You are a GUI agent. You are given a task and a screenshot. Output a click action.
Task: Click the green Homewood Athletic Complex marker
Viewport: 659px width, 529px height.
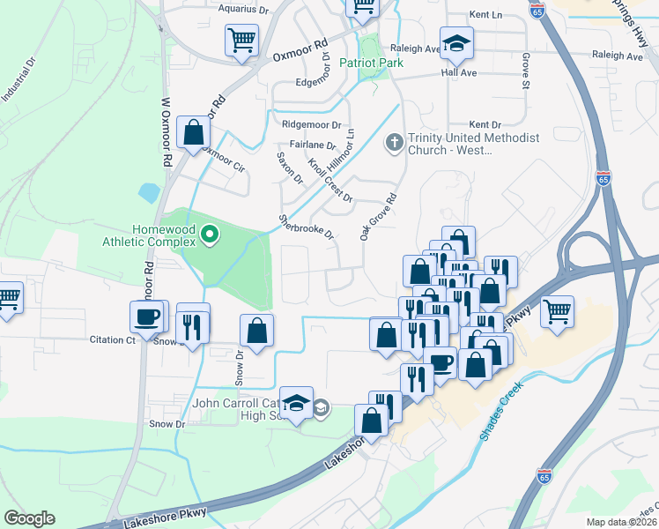(210, 235)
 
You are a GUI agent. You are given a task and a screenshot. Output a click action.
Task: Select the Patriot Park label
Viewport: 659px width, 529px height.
(373, 64)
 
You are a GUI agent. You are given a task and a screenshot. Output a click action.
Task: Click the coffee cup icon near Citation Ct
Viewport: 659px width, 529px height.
(148, 316)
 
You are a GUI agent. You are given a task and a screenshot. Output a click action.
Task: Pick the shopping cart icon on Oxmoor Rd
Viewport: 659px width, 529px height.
(241, 40)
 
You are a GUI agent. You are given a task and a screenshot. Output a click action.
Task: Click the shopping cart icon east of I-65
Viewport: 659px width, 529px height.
(557, 311)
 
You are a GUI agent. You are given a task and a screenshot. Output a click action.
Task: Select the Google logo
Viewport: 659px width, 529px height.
(29, 518)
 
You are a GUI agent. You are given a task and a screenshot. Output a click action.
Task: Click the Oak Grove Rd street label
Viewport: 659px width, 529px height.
(374, 217)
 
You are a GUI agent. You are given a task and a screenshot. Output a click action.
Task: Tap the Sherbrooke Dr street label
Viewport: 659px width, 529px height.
(307, 227)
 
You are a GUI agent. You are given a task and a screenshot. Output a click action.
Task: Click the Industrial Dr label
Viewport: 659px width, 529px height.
(18, 79)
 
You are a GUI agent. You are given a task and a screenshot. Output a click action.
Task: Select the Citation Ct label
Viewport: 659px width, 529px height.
(112, 339)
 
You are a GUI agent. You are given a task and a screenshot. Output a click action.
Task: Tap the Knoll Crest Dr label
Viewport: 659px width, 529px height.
(329, 180)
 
